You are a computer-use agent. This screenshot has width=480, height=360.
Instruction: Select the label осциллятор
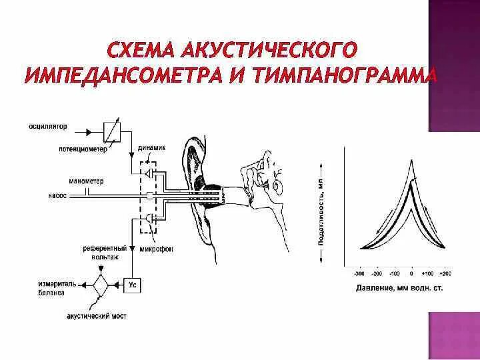[x=49, y=125]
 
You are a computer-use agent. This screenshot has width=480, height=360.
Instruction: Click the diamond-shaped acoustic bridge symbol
[x=101, y=285]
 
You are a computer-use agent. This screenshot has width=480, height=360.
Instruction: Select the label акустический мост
[x=97, y=315]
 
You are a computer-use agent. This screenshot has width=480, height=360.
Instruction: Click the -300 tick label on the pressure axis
[x=359, y=273]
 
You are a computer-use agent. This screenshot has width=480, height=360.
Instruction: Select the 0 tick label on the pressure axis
[x=412, y=273]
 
